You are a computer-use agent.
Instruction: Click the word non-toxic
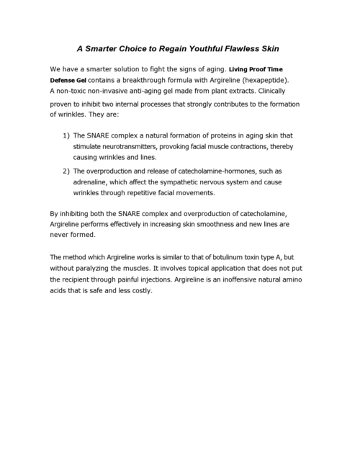[x=75, y=91]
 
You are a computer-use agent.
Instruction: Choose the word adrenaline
[x=96, y=182]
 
